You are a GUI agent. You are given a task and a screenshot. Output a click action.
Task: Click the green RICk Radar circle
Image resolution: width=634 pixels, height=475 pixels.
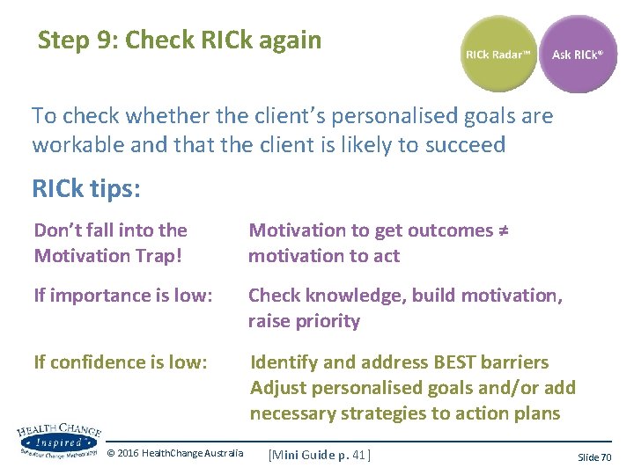pyautogui.click(x=498, y=55)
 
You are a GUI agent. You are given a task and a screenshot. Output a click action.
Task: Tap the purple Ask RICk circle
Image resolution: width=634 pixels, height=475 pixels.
pyautogui.click(x=578, y=55)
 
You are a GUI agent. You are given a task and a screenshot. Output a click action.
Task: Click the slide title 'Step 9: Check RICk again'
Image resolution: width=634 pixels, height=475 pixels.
pyautogui.click(x=180, y=40)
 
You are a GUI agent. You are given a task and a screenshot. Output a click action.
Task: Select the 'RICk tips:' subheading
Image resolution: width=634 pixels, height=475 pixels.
pyautogui.click(x=86, y=189)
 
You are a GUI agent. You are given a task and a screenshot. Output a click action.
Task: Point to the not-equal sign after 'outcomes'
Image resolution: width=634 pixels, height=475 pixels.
pyautogui.click(x=505, y=230)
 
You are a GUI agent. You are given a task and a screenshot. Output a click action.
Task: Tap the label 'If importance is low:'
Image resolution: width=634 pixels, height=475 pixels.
pyautogui.click(x=122, y=296)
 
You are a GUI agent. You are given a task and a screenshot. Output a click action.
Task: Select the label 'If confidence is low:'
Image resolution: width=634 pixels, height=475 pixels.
pyautogui.click(x=120, y=362)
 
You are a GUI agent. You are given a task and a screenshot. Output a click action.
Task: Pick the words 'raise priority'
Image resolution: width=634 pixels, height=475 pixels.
pyautogui.click(x=304, y=321)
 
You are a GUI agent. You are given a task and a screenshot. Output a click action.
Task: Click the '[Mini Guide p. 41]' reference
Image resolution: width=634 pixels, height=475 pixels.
pyautogui.click(x=320, y=454)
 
